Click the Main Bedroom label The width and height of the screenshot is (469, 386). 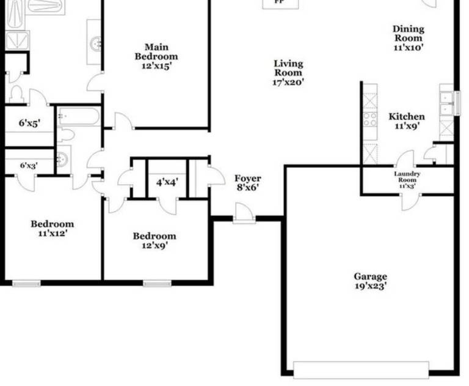click(156, 56)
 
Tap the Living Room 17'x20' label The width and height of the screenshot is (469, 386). click(288, 72)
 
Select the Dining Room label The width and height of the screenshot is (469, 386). click(409, 37)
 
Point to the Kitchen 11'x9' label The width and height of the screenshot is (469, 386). click(407, 121)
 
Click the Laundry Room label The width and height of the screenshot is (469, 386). click(407, 179)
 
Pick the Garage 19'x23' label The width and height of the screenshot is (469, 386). click(371, 281)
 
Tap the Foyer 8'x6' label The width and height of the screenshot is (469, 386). click(247, 183)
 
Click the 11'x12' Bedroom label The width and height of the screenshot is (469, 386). click(53, 228)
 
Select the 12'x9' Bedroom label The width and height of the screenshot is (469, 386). click(155, 240)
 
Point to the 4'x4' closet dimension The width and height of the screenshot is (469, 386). click(167, 182)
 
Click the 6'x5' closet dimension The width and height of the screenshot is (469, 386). click(29, 123)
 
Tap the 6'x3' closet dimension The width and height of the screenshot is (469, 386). click(28, 165)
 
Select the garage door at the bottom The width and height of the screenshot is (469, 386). click(361, 369)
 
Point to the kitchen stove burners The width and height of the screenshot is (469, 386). click(370, 118)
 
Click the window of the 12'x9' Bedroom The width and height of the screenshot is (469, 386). click(157, 283)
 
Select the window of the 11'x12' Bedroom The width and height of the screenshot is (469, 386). click(26, 283)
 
